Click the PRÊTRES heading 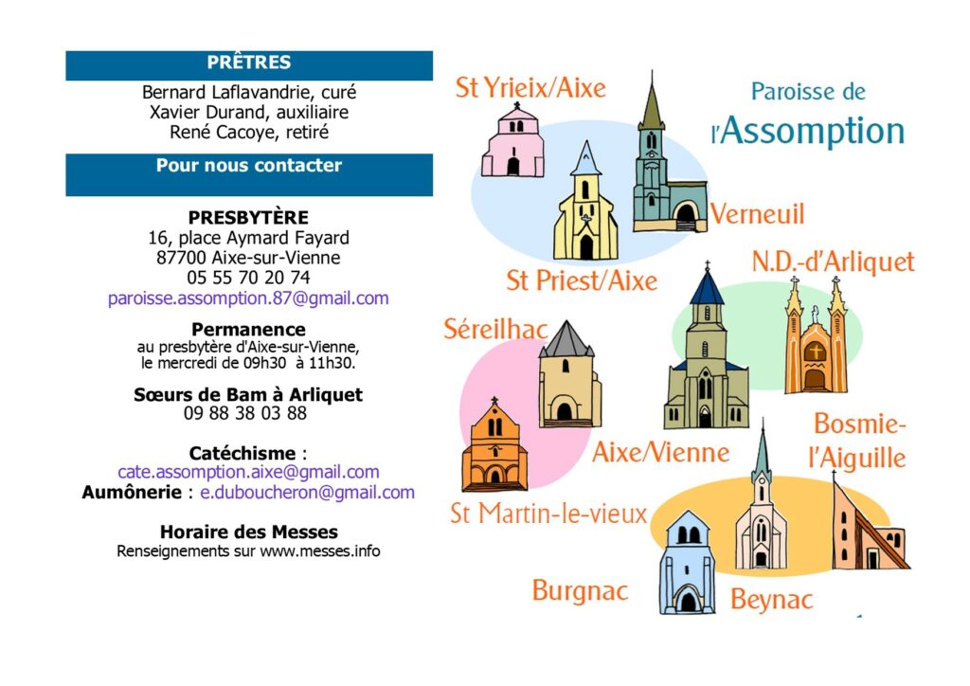tap(249, 63)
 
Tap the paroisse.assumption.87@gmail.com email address tap(248, 298)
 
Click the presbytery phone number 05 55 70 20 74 tap(248, 277)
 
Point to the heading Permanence tap(248, 329)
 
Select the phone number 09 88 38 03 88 tap(245, 412)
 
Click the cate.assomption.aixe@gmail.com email tap(248, 472)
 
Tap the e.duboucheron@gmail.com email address tap(307, 493)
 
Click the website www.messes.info tap(320, 551)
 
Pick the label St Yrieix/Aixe tap(530, 87)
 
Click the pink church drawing tap(512, 140)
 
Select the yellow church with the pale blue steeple tap(585, 202)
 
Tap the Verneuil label tap(757, 214)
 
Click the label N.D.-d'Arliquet tap(833, 262)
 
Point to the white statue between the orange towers tap(816, 315)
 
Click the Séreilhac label tap(495, 329)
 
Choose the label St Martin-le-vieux tap(548, 514)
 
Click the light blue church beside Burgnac tap(687, 562)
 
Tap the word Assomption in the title tap(812, 131)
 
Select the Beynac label tap(771, 600)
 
